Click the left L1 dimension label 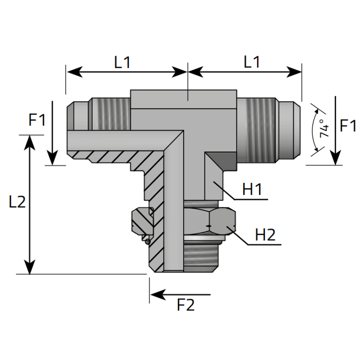pyautogui.click(x=122, y=62)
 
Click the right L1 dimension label pyautogui.click(x=252, y=62)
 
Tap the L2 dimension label pyautogui.click(x=17, y=202)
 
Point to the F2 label pyautogui.click(x=186, y=305)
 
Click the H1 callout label pyautogui.click(x=252, y=190)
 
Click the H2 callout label pyautogui.click(x=265, y=235)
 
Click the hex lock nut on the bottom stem pyautogui.click(x=210, y=221)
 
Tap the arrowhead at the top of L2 pyautogui.click(x=30, y=141)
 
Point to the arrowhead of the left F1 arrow pyautogui.click(x=52, y=159)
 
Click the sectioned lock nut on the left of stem pyautogui.click(x=141, y=222)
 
